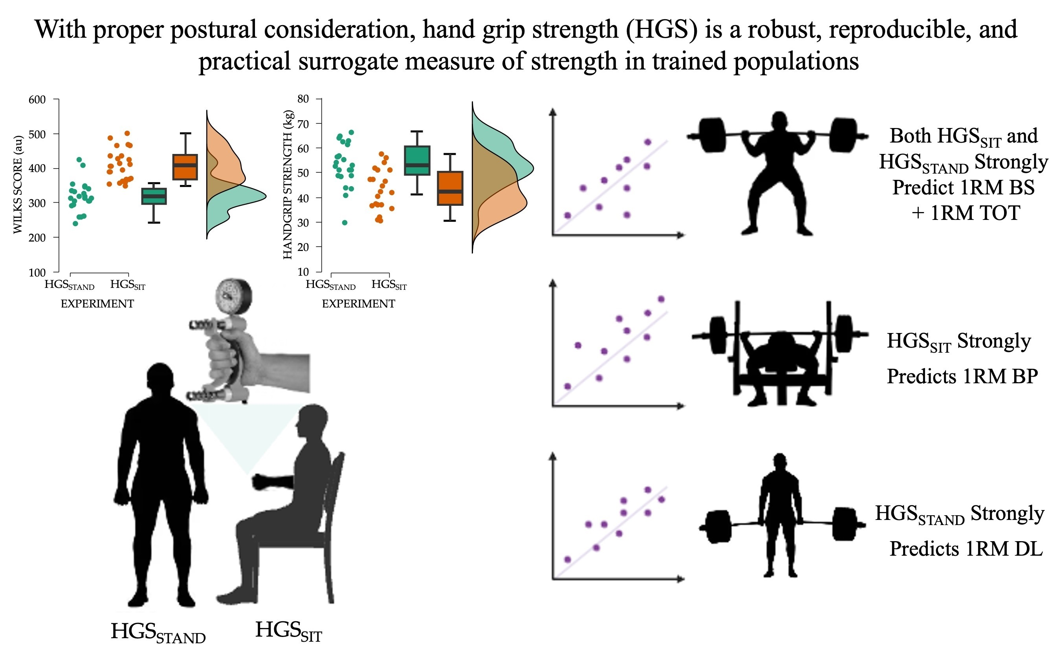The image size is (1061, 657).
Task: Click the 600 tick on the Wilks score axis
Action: pos(37,99)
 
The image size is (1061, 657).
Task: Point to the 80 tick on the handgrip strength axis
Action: pos(303,99)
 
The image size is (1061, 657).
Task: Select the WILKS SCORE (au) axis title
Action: pos(18,185)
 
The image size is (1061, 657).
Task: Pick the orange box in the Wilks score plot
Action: pos(185,167)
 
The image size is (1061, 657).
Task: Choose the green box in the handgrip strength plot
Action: pos(417,160)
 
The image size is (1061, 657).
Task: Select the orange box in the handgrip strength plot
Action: pos(450,188)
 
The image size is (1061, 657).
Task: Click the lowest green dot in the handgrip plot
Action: pos(345,223)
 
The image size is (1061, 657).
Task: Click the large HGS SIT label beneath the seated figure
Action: pos(288,631)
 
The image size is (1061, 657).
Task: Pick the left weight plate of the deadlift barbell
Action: pos(717,527)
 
